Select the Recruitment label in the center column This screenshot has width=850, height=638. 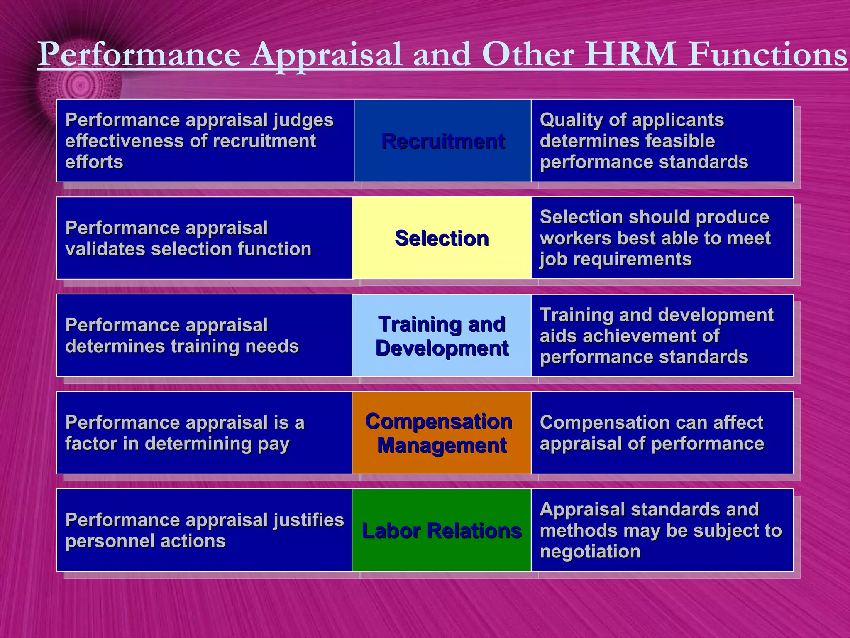tap(443, 141)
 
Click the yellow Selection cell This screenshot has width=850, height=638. tap(442, 238)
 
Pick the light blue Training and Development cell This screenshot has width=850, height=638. tap(442, 336)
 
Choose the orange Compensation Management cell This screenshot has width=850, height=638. tap(441, 433)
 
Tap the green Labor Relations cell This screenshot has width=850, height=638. tap(442, 531)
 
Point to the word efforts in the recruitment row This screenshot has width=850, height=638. tap(94, 162)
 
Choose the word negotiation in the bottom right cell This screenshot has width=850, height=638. tap(590, 552)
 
